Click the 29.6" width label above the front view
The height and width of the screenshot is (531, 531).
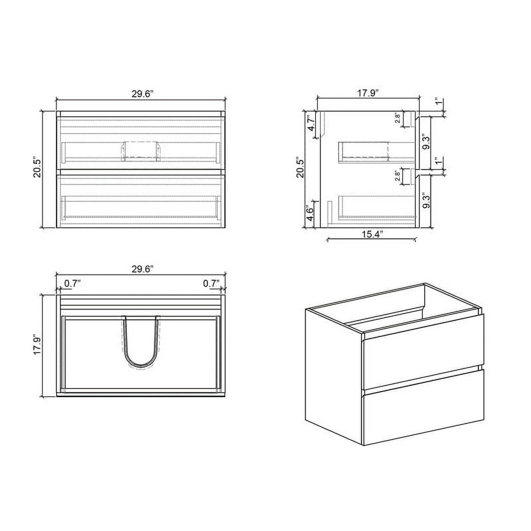click(142, 94)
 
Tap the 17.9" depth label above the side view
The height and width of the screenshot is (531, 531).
click(368, 93)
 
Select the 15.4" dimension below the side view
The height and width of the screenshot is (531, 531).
click(372, 234)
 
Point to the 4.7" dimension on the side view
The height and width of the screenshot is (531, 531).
click(311, 123)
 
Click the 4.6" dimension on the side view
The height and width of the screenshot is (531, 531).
click(310, 214)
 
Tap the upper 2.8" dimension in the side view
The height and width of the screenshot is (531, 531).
click(398, 118)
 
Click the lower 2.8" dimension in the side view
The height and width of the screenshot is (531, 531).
click(398, 176)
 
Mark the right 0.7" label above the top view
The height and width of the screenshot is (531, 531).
click(211, 283)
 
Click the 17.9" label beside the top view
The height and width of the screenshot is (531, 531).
click(37, 345)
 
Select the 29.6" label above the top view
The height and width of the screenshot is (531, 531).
click(142, 269)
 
